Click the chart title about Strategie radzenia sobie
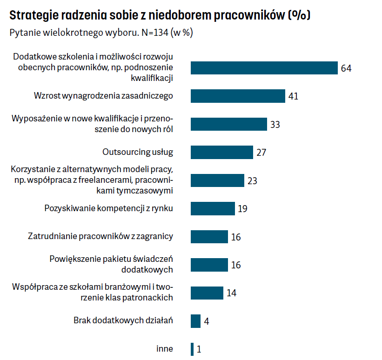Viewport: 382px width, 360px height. pyautogui.click(x=160, y=15)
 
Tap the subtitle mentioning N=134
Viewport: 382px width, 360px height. pyautogui.click(x=101, y=34)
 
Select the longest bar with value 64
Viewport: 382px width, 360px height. pyautogui.click(x=264, y=68)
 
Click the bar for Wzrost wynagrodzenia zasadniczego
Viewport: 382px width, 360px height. pyautogui.click(x=237, y=96)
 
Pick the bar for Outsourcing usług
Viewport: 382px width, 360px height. pyautogui.click(x=221, y=152)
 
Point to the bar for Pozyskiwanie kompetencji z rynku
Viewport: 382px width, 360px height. pyautogui.click(x=213, y=208)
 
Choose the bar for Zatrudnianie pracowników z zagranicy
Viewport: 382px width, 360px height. pyautogui.click(x=209, y=237)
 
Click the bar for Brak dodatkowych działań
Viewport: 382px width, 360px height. pyautogui.click(x=195, y=321)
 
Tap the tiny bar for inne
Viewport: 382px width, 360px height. pyautogui.click(x=192, y=349)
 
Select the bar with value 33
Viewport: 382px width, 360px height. pyautogui.click(x=228, y=124)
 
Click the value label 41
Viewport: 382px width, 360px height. pyautogui.click(x=293, y=96)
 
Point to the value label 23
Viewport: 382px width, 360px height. pyautogui.click(x=252, y=180)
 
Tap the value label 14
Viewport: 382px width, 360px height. pyautogui.click(x=232, y=293)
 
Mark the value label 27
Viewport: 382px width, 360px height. pyautogui.click(x=261, y=153)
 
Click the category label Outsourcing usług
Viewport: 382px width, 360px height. pyautogui.click(x=137, y=152)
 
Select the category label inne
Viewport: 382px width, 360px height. pyautogui.click(x=165, y=348)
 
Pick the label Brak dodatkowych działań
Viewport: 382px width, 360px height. pyautogui.click(x=123, y=320)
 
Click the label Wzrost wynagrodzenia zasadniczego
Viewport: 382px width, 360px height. pyautogui.click(x=103, y=96)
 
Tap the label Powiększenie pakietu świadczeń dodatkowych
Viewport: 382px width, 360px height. pyautogui.click(x=111, y=264)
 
